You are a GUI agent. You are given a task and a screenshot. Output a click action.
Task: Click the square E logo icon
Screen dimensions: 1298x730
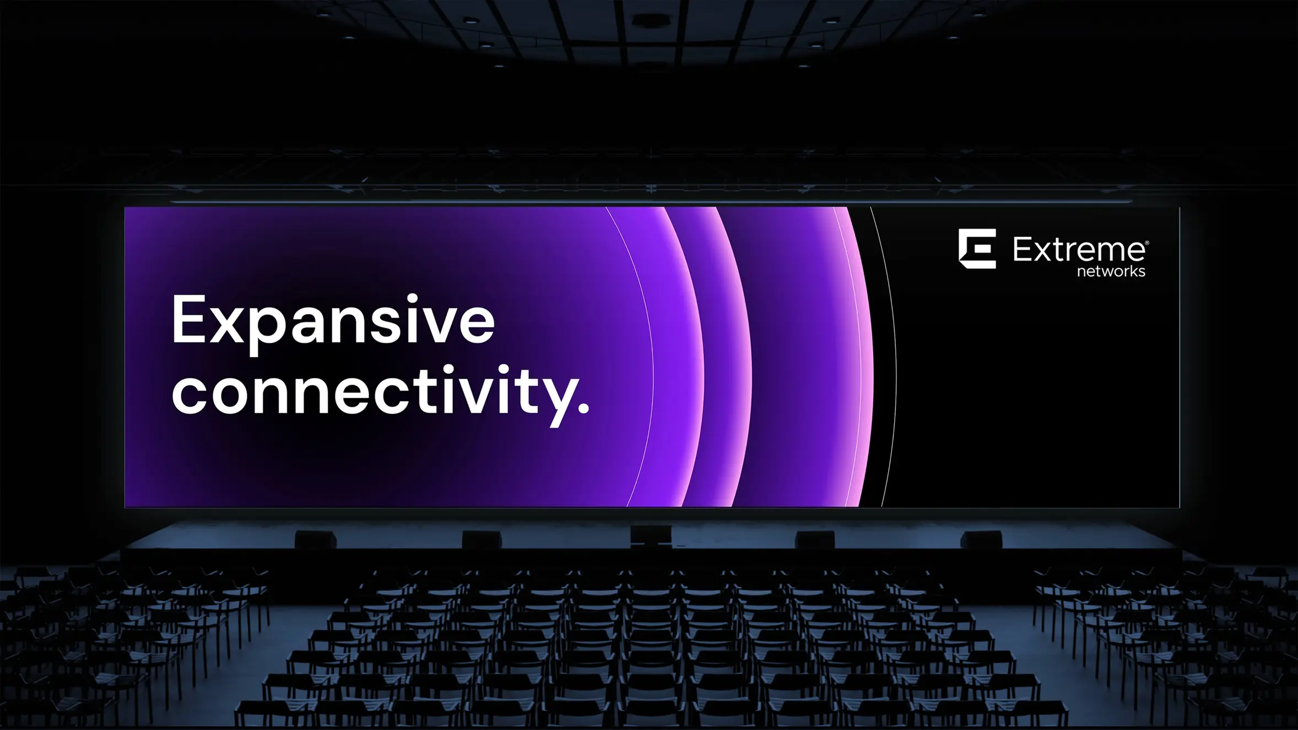(977, 248)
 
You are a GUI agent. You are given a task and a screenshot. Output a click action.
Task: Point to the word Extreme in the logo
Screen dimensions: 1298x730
(1079, 250)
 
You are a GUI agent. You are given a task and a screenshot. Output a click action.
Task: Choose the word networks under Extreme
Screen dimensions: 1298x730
(1111, 271)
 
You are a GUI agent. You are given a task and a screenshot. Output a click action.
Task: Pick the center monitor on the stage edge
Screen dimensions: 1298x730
(651, 534)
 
